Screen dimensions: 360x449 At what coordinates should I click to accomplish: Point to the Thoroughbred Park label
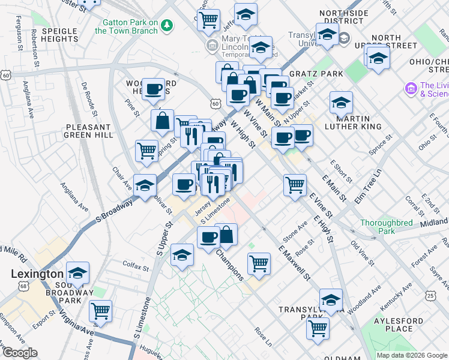point(386,226)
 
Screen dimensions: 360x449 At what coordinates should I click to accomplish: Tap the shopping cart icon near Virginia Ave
point(100,311)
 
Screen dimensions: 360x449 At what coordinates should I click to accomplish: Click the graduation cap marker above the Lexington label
point(77,273)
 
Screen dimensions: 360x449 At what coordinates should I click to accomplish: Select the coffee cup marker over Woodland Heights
point(154,89)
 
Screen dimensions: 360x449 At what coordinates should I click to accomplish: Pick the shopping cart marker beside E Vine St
point(295,185)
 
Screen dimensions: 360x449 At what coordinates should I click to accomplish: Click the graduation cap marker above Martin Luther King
point(341,103)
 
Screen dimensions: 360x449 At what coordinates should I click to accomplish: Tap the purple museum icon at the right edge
point(412,89)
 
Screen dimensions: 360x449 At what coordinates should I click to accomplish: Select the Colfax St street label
point(136,266)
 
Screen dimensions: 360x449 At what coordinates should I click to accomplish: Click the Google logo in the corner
point(20,353)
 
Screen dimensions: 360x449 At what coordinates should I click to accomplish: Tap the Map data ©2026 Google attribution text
point(411,355)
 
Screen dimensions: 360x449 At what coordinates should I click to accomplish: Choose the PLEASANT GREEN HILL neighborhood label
point(88,131)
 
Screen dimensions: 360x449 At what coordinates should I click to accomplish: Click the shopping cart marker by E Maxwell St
point(259,263)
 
